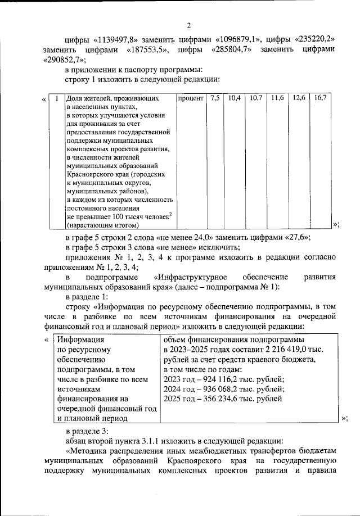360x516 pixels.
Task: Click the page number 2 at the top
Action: coord(189,25)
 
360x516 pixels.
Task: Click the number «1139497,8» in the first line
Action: coord(119,39)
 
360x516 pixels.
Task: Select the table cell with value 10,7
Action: coord(256,98)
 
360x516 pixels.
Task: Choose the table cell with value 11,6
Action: coord(277,98)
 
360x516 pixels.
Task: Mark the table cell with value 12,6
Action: coord(299,98)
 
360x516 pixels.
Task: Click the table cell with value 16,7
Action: coord(320,98)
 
